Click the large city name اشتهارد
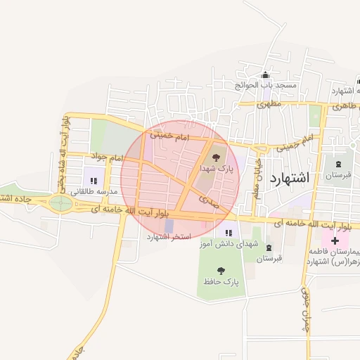289,178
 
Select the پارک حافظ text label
222,281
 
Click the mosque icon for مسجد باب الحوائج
265,75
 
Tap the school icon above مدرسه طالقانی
94,181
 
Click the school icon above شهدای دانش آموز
228,232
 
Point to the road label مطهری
269,104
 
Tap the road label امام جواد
106,156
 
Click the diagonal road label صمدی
208,202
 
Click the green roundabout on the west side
60,204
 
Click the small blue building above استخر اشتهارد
169,225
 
